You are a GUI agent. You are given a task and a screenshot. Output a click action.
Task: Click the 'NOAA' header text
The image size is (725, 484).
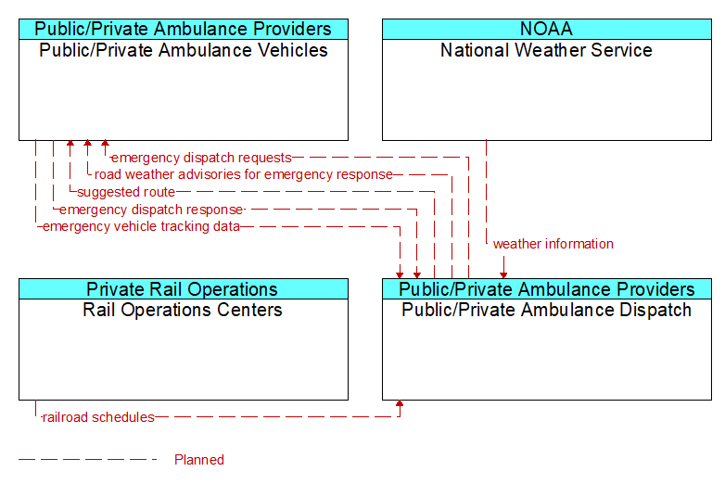(546, 29)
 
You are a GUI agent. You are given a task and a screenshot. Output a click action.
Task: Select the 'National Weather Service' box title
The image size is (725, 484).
(546, 50)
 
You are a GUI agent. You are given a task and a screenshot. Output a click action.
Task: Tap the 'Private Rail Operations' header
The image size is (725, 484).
(182, 289)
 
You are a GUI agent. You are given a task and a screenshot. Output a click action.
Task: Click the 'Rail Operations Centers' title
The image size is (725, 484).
(182, 310)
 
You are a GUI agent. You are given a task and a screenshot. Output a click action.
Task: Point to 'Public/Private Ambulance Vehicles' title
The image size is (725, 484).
(183, 50)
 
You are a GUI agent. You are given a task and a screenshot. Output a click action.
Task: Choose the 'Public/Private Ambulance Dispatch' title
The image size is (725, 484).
(546, 310)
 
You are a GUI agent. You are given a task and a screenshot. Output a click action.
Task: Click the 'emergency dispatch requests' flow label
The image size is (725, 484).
(201, 158)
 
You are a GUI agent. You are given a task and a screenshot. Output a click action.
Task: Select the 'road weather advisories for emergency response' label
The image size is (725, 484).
(244, 174)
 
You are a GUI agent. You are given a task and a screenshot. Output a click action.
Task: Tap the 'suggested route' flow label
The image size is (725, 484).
(126, 192)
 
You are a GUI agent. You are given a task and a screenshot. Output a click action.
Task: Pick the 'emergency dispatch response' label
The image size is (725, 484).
(151, 210)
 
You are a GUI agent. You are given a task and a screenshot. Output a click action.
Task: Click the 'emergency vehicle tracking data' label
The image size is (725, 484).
(141, 226)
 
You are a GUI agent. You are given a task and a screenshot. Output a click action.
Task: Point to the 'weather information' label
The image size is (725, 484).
(553, 244)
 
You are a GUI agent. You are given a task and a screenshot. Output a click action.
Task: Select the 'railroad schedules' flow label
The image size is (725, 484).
(98, 417)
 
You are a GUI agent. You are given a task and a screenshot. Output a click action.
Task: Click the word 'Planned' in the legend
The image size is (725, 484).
(199, 460)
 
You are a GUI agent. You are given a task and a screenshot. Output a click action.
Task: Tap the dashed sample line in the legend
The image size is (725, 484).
(88, 460)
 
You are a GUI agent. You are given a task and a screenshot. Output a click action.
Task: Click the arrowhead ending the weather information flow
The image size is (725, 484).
(503, 275)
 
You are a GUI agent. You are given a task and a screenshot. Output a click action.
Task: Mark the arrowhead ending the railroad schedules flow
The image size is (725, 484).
(400, 403)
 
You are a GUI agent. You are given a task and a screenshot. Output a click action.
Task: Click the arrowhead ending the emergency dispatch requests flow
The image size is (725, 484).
(106, 144)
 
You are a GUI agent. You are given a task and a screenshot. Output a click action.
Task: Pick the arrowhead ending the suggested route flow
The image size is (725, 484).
(70, 144)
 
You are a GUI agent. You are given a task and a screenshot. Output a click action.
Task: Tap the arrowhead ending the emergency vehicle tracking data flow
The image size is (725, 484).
(400, 275)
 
